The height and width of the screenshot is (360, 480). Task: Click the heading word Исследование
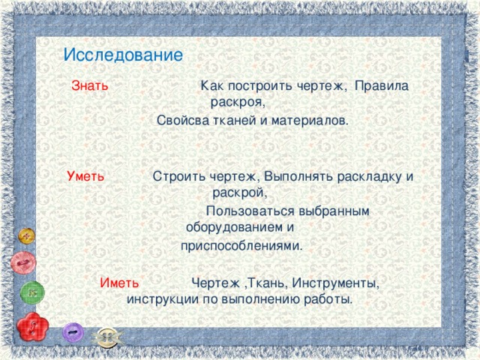tap(123, 55)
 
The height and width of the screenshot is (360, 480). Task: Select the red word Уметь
tap(85, 177)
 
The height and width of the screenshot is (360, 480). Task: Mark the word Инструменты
tap(334, 283)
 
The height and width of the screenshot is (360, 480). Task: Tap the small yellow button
tap(28, 236)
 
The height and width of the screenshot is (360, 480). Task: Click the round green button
tap(32, 292)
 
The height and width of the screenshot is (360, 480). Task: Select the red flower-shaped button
tap(32, 328)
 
